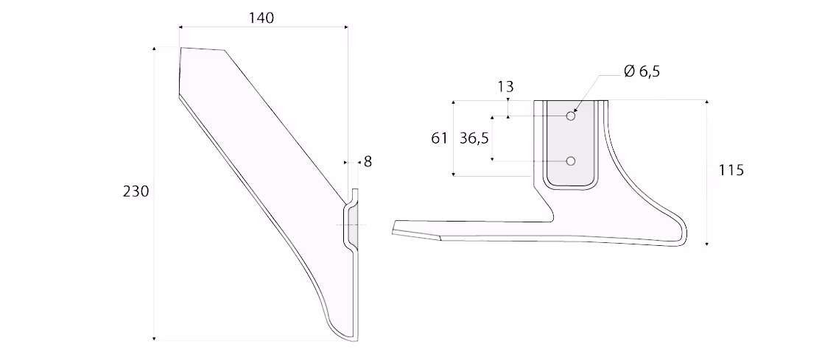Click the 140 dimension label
click(261, 18)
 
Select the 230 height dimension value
click(136, 192)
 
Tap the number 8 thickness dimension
click(368, 162)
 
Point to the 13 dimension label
click(506, 86)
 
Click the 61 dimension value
click(439, 138)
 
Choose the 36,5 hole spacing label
click(474, 138)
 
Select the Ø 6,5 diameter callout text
click(642, 71)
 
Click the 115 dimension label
click(731, 170)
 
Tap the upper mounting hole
click(571, 116)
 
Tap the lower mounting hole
click(571, 161)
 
